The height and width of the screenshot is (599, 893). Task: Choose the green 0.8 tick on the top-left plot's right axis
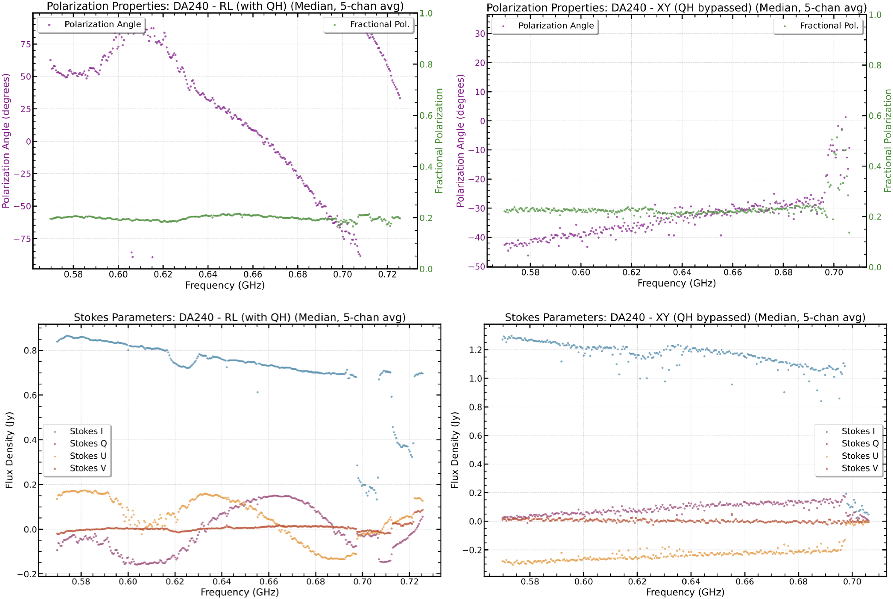click(426, 64)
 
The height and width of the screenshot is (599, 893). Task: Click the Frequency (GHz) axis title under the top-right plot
click(676, 283)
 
